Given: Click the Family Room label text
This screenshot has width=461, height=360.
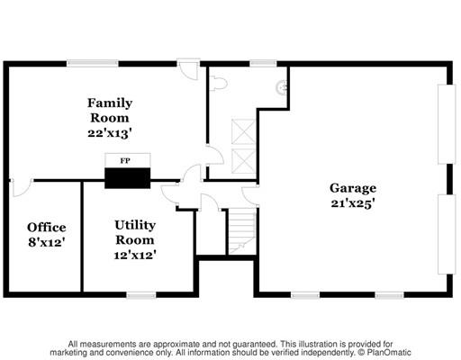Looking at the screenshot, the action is pyautogui.click(x=110, y=111).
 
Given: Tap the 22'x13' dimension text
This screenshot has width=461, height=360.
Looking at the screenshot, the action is pyautogui.click(x=110, y=133).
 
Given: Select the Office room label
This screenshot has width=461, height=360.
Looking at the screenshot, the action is pyautogui.click(x=47, y=228).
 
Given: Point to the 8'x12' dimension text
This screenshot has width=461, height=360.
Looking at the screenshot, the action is pyautogui.click(x=47, y=242).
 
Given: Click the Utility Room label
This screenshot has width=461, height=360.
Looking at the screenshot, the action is pyautogui.click(x=135, y=232).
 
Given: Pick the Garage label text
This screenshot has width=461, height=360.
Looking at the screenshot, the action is pyautogui.click(x=353, y=188).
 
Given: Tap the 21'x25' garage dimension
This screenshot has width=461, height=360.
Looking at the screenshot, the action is pyautogui.click(x=353, y=203).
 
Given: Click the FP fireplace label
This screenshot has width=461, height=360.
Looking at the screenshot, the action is pyautogui.click(x=125, y=161).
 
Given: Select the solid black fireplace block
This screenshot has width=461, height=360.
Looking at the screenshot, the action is pyautogui.click(x=127, y=178).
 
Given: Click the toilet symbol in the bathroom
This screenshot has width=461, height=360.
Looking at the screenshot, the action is pyautogui.click(x=218, y=84).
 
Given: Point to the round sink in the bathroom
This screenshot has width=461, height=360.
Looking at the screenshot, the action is pyautogui.click(x=282, y=87).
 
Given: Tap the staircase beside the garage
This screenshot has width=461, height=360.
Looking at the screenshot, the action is pyautogui.click(x=242, y=231).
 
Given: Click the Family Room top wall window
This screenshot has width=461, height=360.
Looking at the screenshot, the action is pyautogui.click(x=93, y=63).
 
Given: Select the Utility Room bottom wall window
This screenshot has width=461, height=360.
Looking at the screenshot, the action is pyautogui.click(x=141, y=295).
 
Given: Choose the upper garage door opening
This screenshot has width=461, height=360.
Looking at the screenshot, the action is pyautogui.click(x=447, y=124).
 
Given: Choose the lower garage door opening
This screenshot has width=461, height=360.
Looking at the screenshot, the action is pyautogui.click(x=447, y=234).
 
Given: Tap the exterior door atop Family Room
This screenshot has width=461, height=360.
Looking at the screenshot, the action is pyautogui.click(x=188, y=69).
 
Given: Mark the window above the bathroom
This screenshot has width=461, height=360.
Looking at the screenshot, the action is pyautogui.click(x=263, y=63).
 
